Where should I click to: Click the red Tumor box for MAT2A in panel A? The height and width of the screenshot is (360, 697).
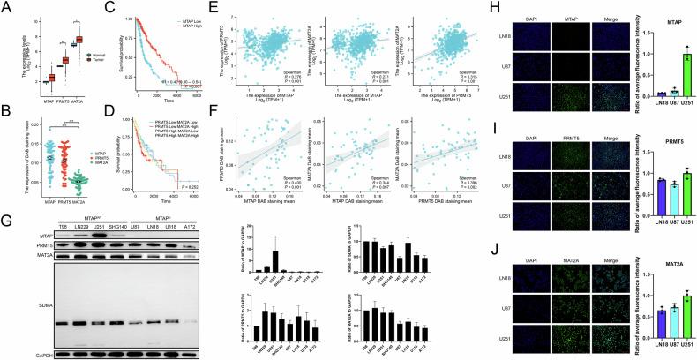coord(81,40)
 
